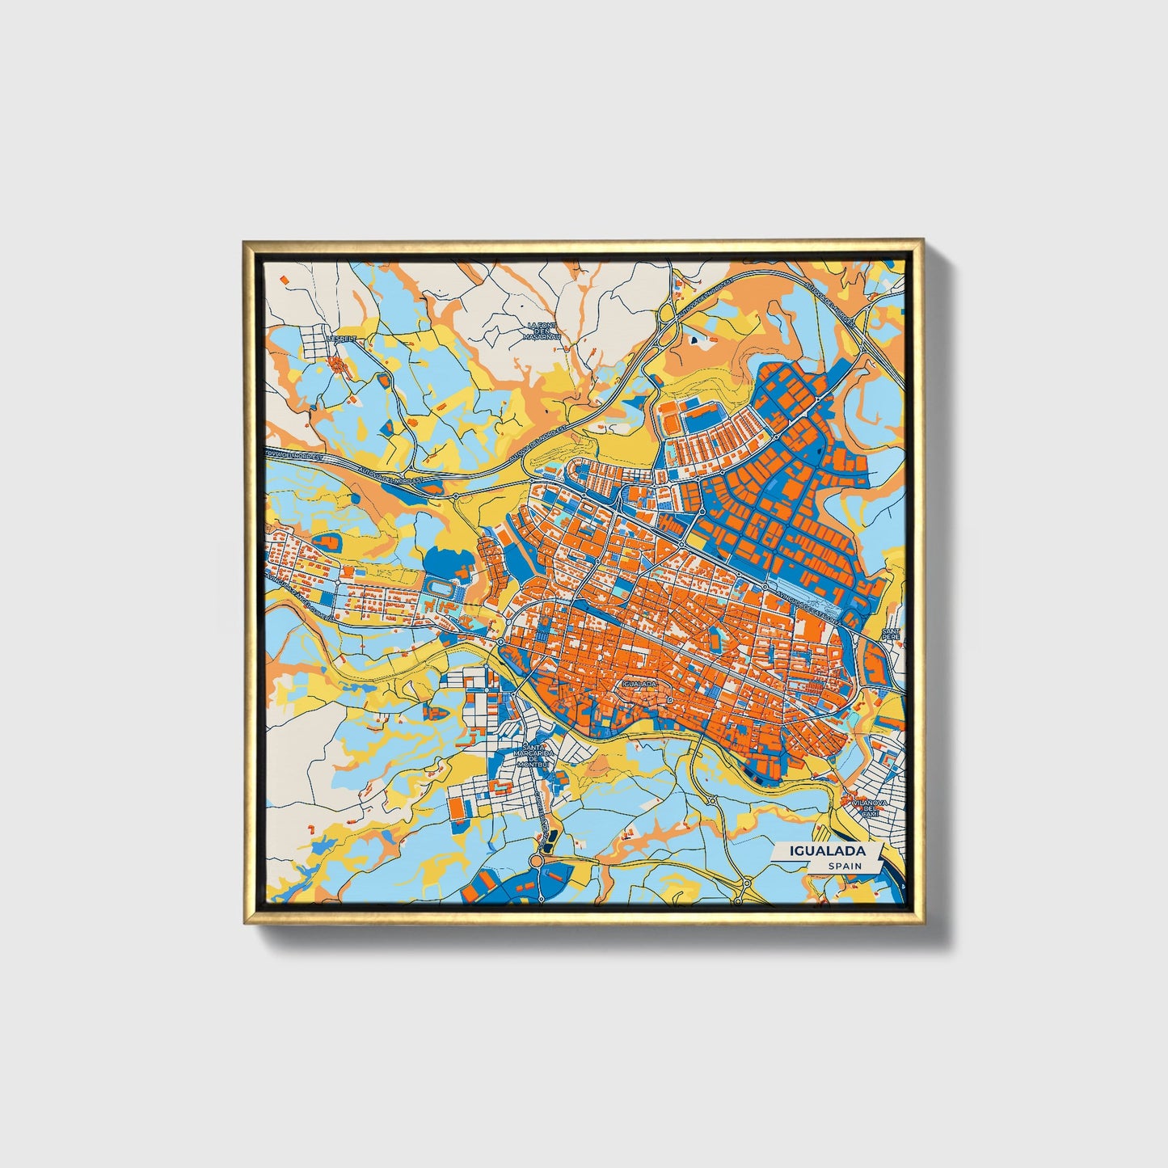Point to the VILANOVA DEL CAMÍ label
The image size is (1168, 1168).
[x=869, y=807]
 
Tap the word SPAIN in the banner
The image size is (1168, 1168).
[x=844, y=866]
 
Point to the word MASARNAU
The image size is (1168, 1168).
[x=542, y=337]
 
